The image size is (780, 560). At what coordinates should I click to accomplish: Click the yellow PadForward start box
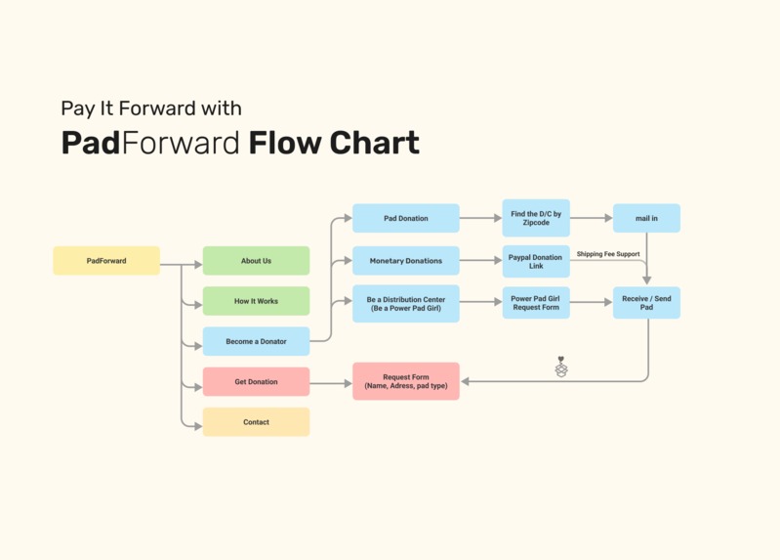click(106, 261)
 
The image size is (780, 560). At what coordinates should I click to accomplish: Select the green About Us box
click(256, 261)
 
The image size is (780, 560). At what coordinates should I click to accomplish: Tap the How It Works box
click(256, 301)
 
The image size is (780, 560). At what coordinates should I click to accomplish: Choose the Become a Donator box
click(256, 341)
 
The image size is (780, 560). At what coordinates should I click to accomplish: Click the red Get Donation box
click(256, 381)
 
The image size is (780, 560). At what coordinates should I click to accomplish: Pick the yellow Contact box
click(256, 422)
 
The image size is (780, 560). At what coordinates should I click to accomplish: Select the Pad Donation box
click(405, 218)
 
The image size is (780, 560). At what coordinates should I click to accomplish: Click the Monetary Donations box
click(405, 261)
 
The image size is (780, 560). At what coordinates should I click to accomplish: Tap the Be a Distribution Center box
click(405, 303)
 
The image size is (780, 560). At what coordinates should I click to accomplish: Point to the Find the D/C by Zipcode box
click(536, 218)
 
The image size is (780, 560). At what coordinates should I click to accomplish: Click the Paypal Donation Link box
click(536, 261)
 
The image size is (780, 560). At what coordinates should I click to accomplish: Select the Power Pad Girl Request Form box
click(536, 303)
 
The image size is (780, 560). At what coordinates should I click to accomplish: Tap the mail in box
click(646, 218)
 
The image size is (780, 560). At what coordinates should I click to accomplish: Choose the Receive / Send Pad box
click(646, 303)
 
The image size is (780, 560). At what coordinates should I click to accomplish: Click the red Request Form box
click(405, 381)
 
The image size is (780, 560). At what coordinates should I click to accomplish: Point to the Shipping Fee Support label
click(608, 254)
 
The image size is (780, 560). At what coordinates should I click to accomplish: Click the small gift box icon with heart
click(561, 367)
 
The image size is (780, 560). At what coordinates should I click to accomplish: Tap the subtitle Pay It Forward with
click(151, 108)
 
